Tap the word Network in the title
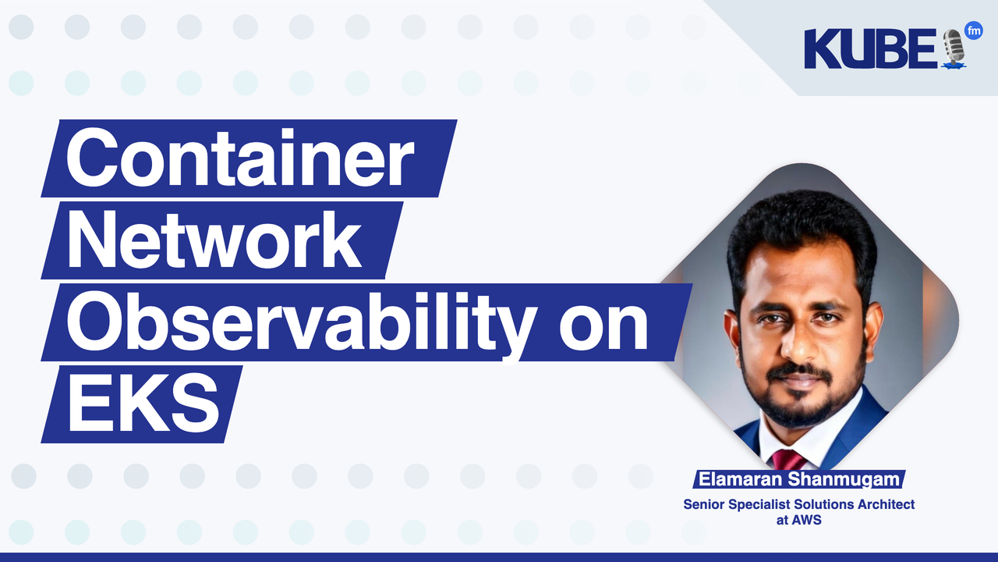[x=214, y=240]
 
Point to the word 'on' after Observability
[x=603, y=322]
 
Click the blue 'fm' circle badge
[x=973, y=31]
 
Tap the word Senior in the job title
[x=703, y=504]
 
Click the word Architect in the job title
[x=886, y=504]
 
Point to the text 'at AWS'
[x=798, y=519]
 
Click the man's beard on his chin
[x=800, y=410]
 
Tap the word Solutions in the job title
[x=823, y=504]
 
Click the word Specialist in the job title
[x=759, y=504]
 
